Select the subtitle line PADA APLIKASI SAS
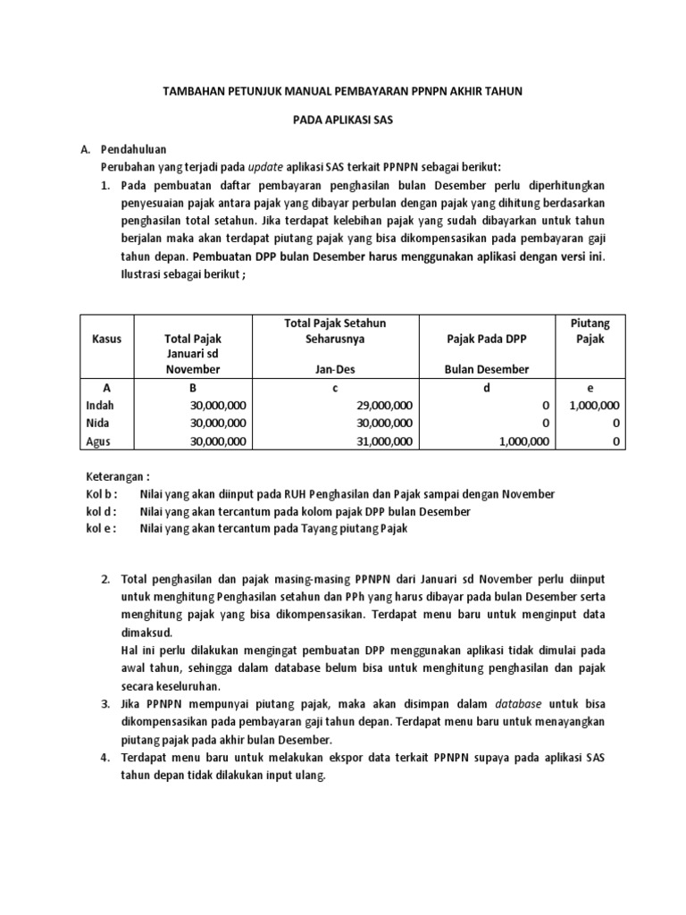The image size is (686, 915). tap(343, 119)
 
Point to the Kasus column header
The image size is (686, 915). tap(107, 339)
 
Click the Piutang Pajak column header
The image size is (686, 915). tap(590, 331)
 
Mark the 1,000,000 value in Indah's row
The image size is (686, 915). tap(593, 405)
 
